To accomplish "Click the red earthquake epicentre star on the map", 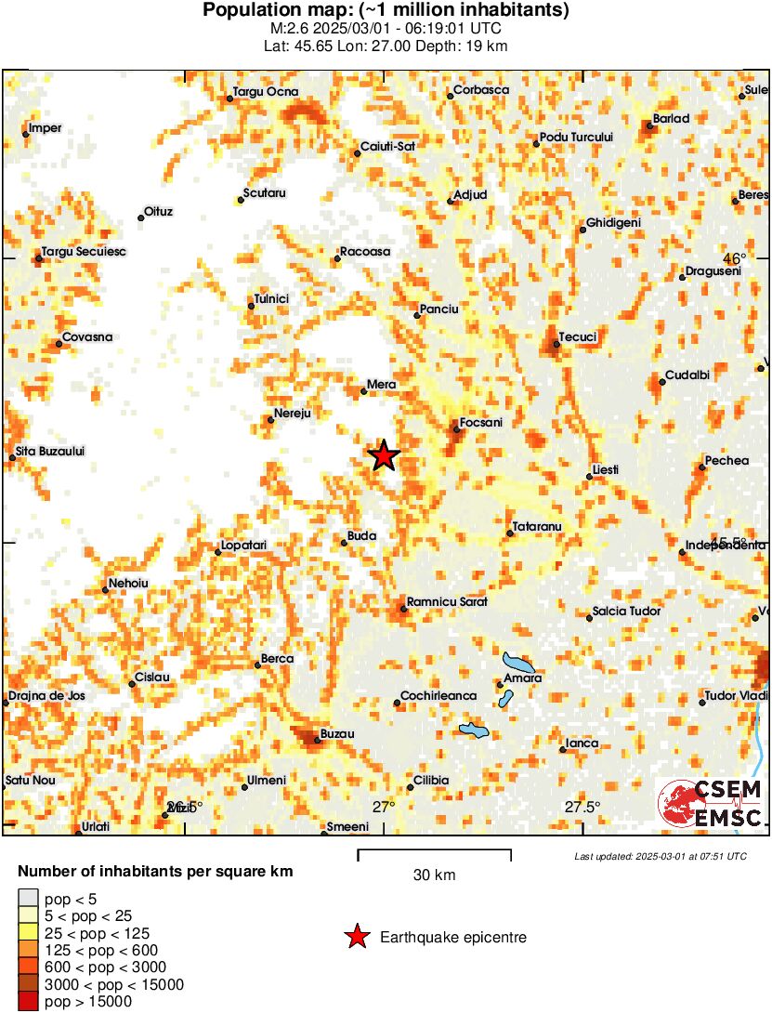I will click(384, 456).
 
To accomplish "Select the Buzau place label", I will click(337, 734).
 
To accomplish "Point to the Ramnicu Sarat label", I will click(447, 602).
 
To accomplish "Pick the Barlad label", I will click(671, 119).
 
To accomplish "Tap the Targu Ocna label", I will click(265, 92).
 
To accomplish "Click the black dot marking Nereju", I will click(270, 420).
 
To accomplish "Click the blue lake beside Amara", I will click(517, 664).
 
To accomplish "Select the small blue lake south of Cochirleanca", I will click(475, 730).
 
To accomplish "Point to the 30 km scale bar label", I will click(434, 875).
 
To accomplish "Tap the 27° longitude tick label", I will click(384, 807).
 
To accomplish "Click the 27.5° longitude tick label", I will click(582, 807).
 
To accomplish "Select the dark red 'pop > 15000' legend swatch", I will click(29, 1002).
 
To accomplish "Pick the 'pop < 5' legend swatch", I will click(29, 898).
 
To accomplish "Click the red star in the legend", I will click(357, 938).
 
